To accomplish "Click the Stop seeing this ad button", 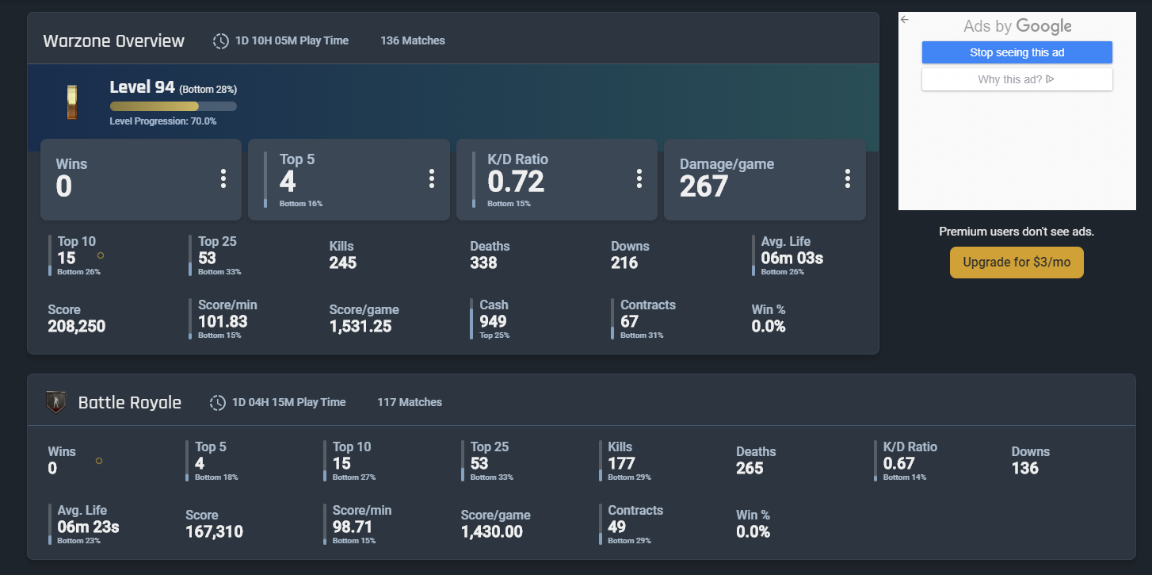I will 1017,52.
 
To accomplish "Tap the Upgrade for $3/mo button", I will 1017,263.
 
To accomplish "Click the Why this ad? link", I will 1017,79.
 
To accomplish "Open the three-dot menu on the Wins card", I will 223,179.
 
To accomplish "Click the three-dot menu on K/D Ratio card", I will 639,179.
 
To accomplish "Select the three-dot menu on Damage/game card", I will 847,179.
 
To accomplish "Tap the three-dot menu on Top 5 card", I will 431,179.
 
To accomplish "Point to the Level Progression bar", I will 173,106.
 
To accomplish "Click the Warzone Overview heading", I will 113,41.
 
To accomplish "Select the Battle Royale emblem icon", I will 55,402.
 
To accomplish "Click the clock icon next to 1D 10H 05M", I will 221,41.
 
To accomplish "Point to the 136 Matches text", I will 412,40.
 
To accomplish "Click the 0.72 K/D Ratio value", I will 516,182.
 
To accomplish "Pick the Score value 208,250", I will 76,326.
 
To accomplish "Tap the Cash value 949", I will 493,321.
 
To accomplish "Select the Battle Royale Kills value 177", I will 621,463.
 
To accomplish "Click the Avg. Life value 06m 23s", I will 88,527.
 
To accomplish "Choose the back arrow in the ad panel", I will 905,20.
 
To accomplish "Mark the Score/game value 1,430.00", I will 491,531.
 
